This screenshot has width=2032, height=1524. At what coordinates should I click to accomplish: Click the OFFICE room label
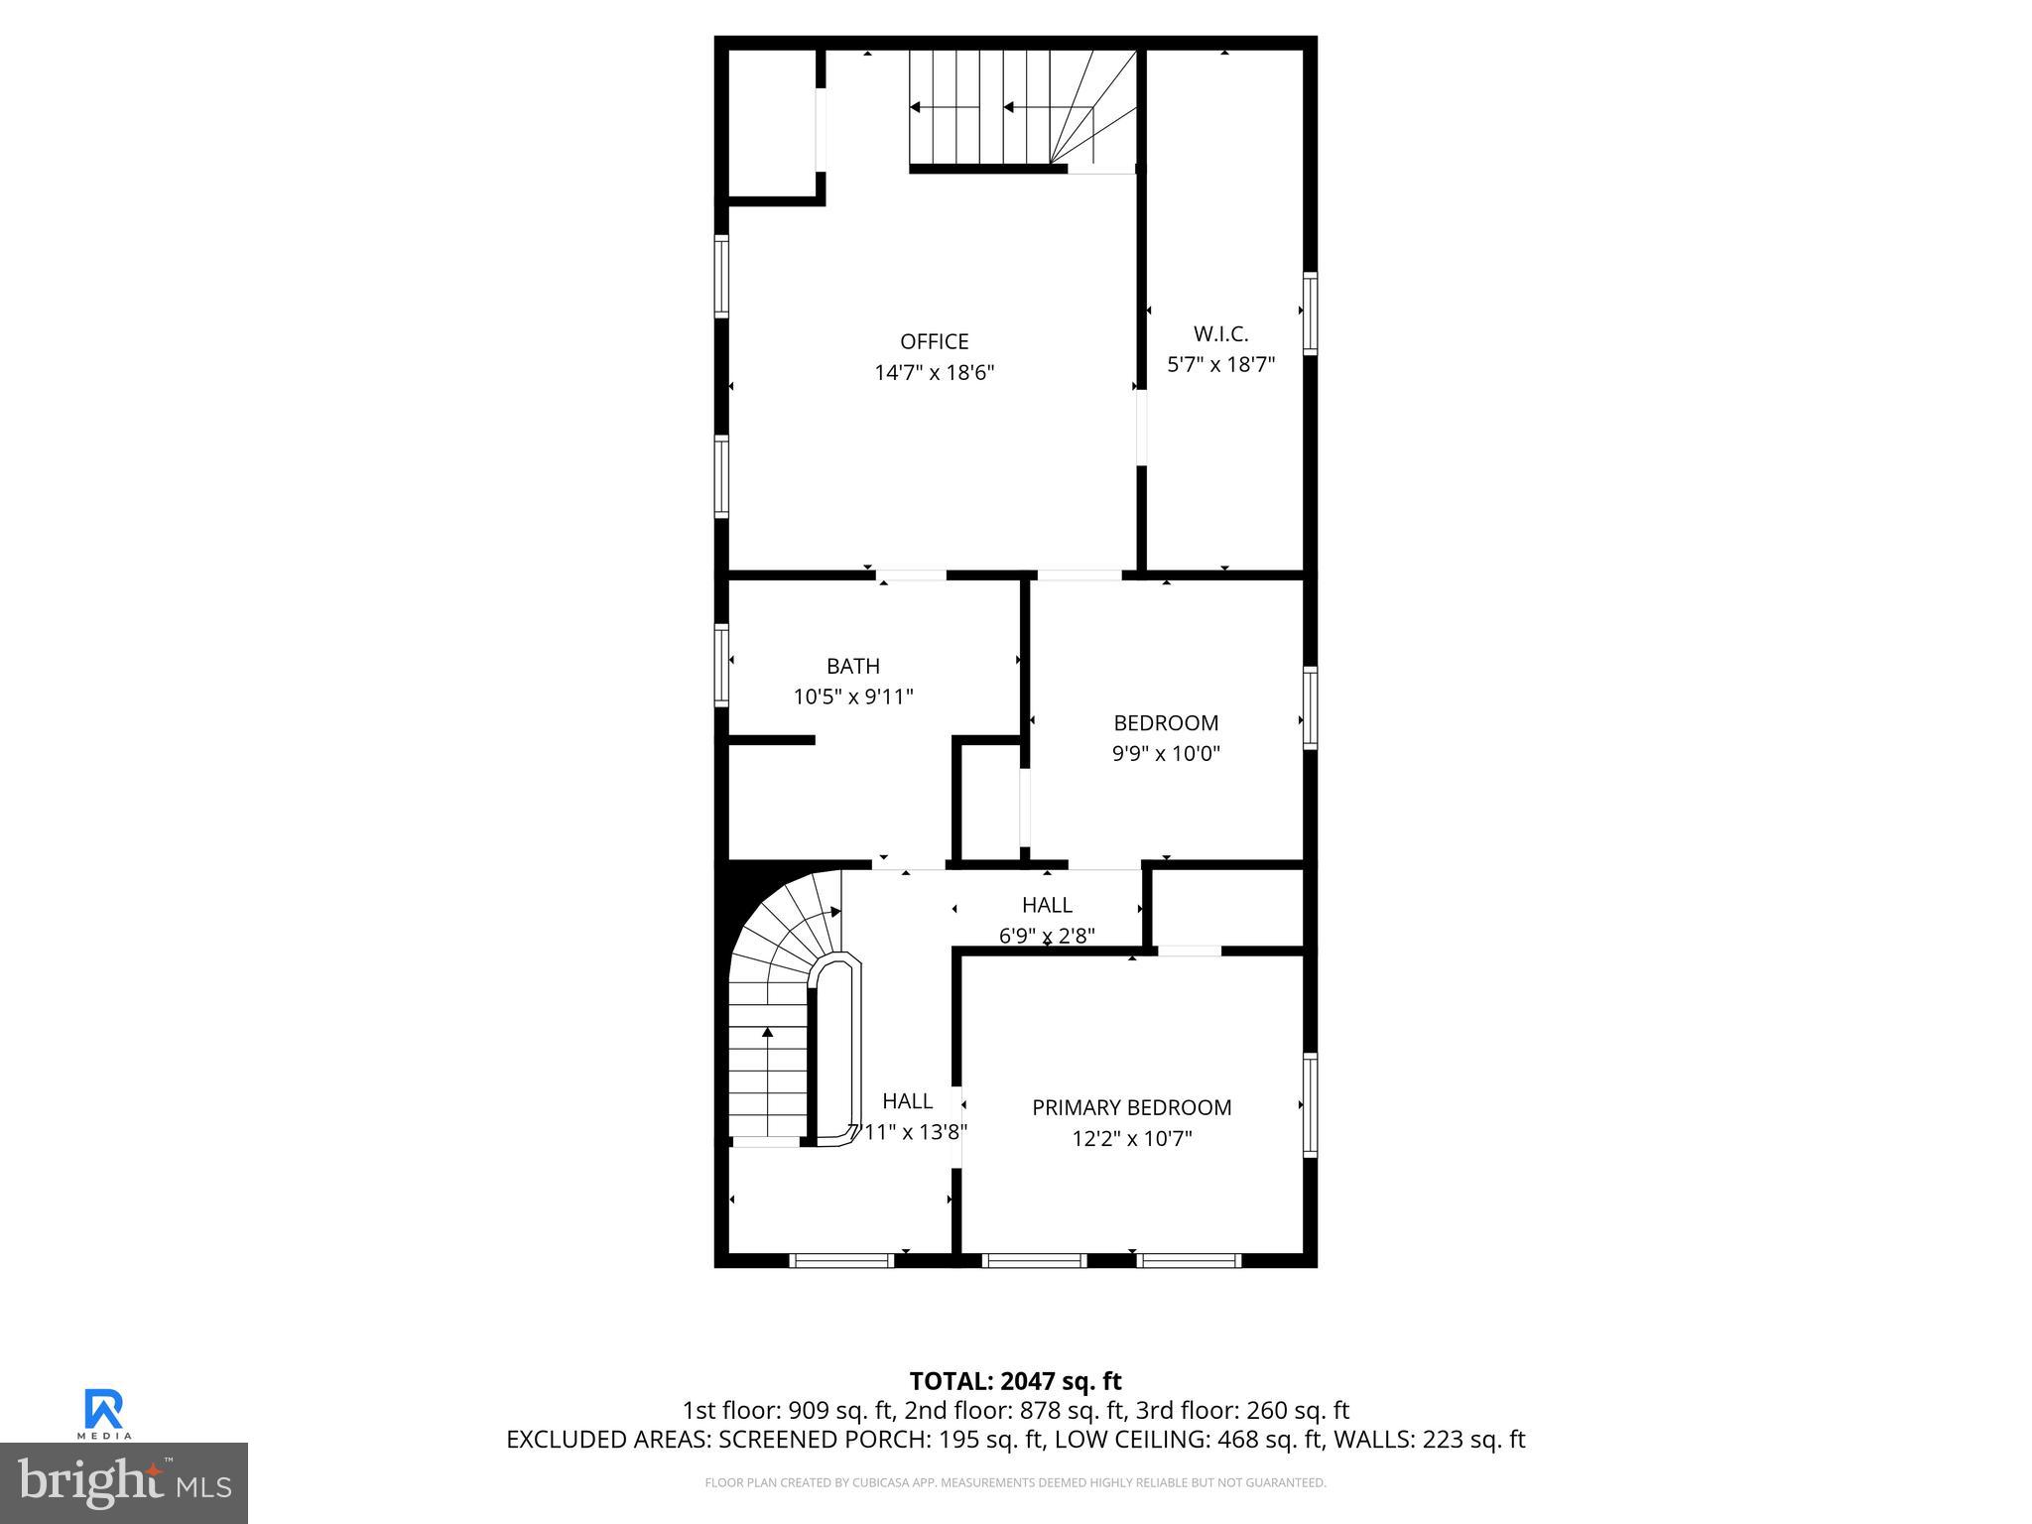click(x=934, y=341)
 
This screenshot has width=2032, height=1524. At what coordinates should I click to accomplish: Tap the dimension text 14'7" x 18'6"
click(x=934, y=373)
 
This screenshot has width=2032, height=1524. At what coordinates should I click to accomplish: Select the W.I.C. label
click(x=1220, y=334)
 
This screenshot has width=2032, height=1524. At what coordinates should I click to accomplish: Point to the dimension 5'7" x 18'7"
click(x=1220, y=364)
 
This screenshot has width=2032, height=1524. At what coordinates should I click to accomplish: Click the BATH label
click(x=852, y=666)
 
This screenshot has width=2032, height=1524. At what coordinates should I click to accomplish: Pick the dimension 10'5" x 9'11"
click(x=852, y=697)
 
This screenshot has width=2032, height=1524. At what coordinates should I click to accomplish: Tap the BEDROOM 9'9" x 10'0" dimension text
click(x=1165, y=753)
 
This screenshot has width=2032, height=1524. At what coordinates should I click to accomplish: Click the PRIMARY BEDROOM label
click(x=1131, y=1107)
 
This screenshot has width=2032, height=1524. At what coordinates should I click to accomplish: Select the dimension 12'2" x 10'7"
click(x=1131, y=1138)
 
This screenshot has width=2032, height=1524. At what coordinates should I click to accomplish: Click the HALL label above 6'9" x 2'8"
click(x=1047, y=905)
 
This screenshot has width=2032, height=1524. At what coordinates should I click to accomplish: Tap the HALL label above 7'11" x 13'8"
click(x=907, y=1100)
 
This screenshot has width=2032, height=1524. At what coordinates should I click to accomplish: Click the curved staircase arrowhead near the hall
click(x=835, y=911)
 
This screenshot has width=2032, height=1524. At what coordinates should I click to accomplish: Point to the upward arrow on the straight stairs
click(x=767, y=1034)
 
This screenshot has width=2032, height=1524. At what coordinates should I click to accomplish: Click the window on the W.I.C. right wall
click(x=1310, y=314)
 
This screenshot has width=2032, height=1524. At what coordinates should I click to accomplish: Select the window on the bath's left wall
click(x=721, y=665)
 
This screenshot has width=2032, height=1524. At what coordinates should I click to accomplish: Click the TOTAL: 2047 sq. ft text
click(x=1015, y=1381)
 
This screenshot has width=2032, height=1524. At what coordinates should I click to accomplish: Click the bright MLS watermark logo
click(x=123, y=1483)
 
